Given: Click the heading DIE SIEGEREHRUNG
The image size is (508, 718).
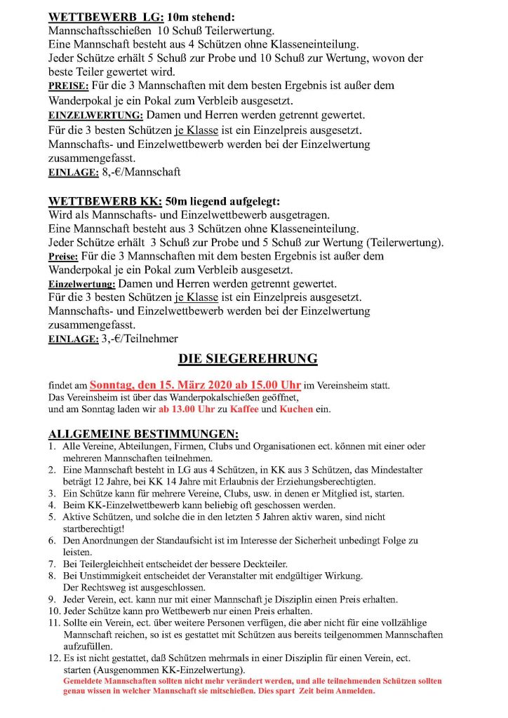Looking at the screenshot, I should tap(248, 360).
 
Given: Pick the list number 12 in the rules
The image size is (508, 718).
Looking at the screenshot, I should tap(53, 658).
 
